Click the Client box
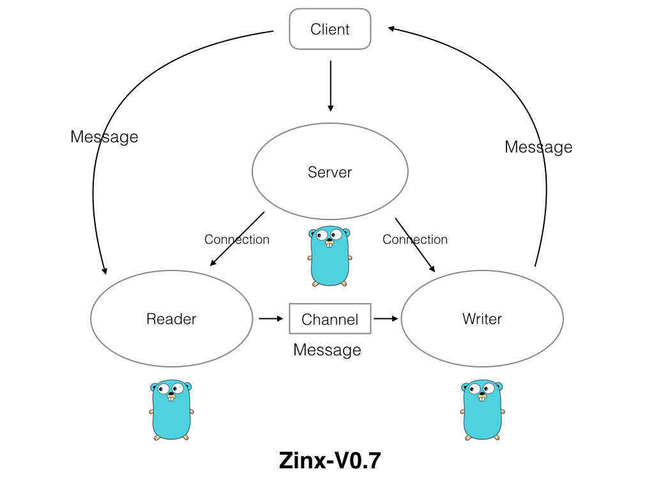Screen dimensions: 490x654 point(330,29)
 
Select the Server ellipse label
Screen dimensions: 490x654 point(330,172)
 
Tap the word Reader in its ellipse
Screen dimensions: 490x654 point(171,319)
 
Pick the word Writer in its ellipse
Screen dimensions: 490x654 point(482,319)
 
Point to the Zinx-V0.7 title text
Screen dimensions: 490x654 point(330,461)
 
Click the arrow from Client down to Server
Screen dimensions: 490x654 point(330,86)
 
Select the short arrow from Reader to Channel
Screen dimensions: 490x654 point(271,318)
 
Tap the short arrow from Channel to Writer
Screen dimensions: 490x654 point(385,318)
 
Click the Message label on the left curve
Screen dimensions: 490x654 point(104,137)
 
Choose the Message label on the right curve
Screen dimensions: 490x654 point(538,147)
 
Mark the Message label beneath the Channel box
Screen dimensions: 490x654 point(327,350)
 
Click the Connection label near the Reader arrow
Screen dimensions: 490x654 point(237,240)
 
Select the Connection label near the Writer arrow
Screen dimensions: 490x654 point(415,240)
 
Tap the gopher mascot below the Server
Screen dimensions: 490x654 point(330,255)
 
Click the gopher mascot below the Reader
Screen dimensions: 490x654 point(171,410)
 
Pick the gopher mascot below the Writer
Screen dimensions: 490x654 point(482,410)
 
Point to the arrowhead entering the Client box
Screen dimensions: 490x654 point(392,28)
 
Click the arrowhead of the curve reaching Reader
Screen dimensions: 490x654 point(104,271)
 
